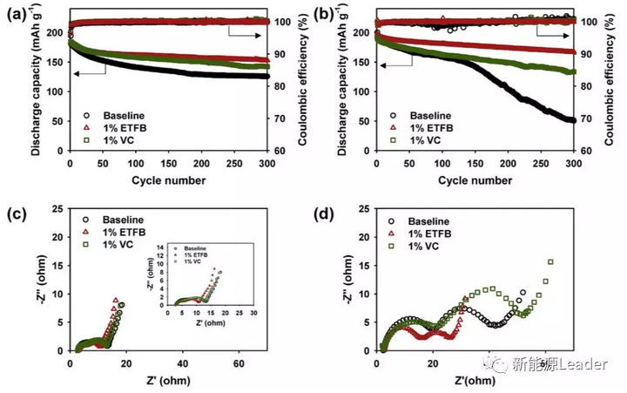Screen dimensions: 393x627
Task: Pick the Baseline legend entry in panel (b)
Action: (430, 114)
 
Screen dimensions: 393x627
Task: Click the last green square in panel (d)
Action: (550, 261)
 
